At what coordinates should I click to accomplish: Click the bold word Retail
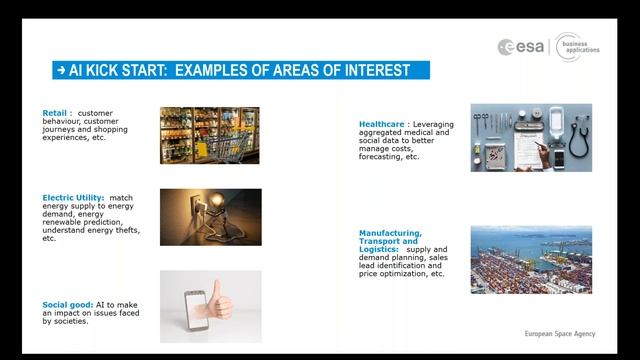click(x=54, y=113)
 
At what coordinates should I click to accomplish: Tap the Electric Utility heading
click(x=73, y=197)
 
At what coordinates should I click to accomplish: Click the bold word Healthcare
click(x=381, y=125)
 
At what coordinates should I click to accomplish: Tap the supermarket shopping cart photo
click(x=209, y=135)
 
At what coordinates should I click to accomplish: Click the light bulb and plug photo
click(x=209, y=217)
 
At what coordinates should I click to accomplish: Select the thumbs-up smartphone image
click(x=210, y=306)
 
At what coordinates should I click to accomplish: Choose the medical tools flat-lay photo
click(x=531, y=138)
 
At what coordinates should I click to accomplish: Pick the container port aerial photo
click(x=531, y=259)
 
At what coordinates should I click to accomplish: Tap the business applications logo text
click(x=583, y=46)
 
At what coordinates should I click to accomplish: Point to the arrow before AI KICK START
click(x=62, y=70)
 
